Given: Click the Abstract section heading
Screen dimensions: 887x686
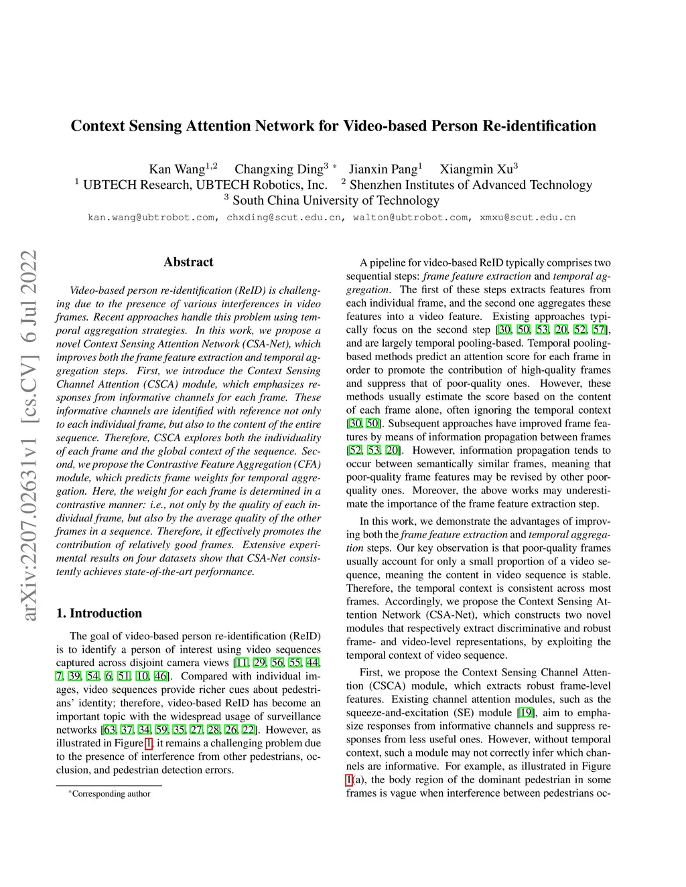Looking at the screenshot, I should [x=188, y=262].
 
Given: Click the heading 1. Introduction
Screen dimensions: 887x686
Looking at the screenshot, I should [x=99, y=613].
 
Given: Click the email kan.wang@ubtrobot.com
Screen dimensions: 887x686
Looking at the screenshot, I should [x=151, y=218].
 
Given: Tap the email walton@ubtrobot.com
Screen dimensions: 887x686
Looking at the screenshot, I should [x=411, y=218].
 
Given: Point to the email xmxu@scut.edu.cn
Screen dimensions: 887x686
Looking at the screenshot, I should [x=528, y=218].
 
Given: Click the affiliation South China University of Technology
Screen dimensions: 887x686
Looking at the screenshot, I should [x=336, y=200].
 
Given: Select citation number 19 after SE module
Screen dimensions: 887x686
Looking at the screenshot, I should [x=526, y=712].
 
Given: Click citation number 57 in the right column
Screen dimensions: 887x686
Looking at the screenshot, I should [x=600, y=329].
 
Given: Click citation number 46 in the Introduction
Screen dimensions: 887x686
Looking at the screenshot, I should [x=161, y=676].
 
